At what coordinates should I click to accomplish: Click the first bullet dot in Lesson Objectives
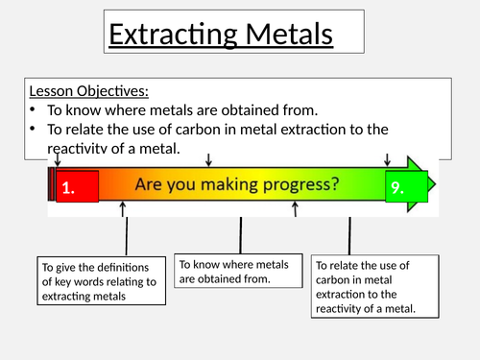[34, 108]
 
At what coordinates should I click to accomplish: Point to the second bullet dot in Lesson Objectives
[34, 130]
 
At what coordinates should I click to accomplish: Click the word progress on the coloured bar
[299, 183]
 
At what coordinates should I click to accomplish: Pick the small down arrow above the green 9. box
[388, 159]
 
